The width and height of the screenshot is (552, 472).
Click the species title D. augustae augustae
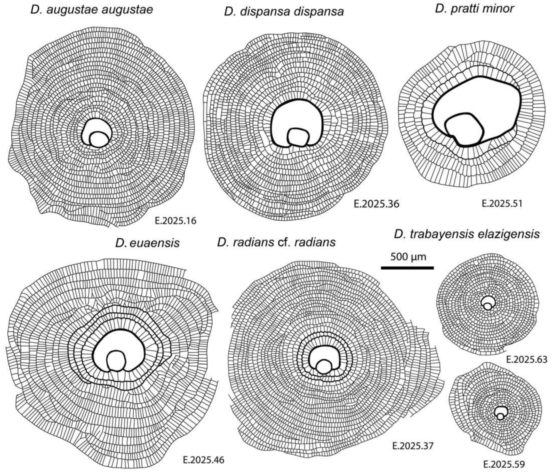pos(92,10)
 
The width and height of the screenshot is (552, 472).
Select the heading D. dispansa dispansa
pos(284,12)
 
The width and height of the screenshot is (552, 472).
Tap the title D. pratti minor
pos(474,9)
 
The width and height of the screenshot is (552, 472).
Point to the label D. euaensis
pos(147,243)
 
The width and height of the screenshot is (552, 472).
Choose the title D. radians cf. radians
pos(276,243)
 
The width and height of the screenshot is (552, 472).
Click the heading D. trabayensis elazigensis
pos(467,234)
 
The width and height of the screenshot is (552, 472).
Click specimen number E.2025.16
pos(175,221)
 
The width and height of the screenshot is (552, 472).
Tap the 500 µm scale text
pos(408,257)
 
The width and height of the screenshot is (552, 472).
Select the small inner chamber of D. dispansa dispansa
pos(298,138)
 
